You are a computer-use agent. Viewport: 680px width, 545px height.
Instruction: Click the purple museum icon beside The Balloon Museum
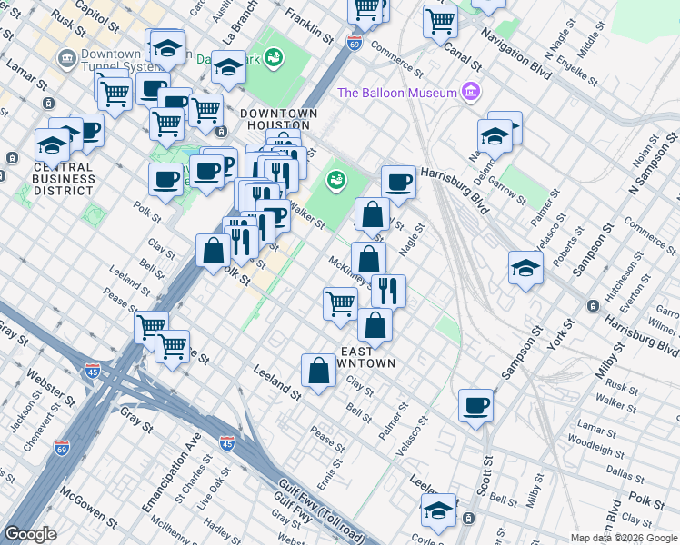470,92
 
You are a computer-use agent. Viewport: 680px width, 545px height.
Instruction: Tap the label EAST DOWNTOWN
367,357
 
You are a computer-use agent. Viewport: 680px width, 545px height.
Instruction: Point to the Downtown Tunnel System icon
67,60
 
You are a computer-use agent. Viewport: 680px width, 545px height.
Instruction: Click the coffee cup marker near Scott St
475,404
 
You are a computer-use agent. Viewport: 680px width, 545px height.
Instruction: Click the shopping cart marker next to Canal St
440,19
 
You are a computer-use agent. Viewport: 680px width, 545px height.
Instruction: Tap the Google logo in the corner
30,533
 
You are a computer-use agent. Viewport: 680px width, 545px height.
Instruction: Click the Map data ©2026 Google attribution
624,538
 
